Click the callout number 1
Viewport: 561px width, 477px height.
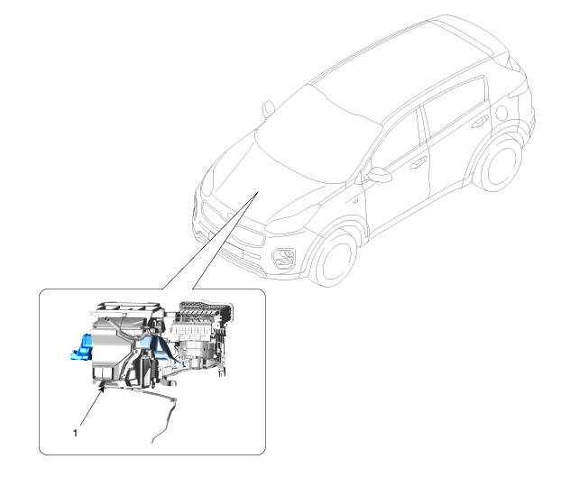tap(75, 433)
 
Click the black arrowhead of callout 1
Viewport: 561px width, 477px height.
tap(103, 389)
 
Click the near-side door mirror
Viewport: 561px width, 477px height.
tap(379, 175)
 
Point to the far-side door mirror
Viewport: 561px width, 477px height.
tap(268, 109)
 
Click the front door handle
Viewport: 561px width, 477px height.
tap(418, 163)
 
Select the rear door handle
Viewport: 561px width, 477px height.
tap(480, 123)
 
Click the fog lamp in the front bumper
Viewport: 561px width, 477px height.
tap(284, 258)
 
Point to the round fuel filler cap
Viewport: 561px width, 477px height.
tap(501, 113)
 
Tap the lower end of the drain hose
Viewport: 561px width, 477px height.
tap(152, 442)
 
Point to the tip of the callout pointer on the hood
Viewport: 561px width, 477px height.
tap(258, 192)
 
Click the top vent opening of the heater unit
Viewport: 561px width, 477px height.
tap(128, 307)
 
